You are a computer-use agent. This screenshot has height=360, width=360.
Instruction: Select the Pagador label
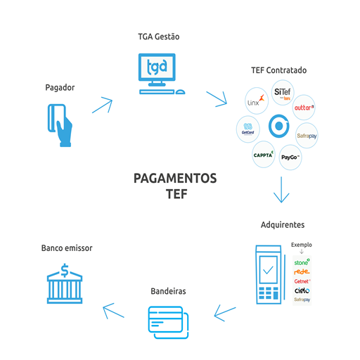point(60,88)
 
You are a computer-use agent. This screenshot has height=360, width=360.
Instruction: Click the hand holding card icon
point(60,124)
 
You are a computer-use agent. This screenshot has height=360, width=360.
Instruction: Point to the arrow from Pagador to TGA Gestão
point(102,104)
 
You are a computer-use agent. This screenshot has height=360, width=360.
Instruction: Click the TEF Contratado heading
point(278,70)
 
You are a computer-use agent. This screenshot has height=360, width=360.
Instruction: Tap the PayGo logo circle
point(290,156)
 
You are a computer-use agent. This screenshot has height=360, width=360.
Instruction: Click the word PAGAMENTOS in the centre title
point(175,179)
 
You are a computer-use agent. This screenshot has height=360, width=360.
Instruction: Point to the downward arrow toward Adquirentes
point(281,190)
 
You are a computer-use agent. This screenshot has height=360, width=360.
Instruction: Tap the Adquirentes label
point(283,225)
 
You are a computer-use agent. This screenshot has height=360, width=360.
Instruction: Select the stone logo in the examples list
point(302,263)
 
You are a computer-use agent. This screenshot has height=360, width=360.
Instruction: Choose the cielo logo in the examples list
point(302,290)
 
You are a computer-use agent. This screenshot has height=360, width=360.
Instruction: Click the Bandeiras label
point(169,290)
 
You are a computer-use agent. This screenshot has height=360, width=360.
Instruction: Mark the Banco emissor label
point(67,248)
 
